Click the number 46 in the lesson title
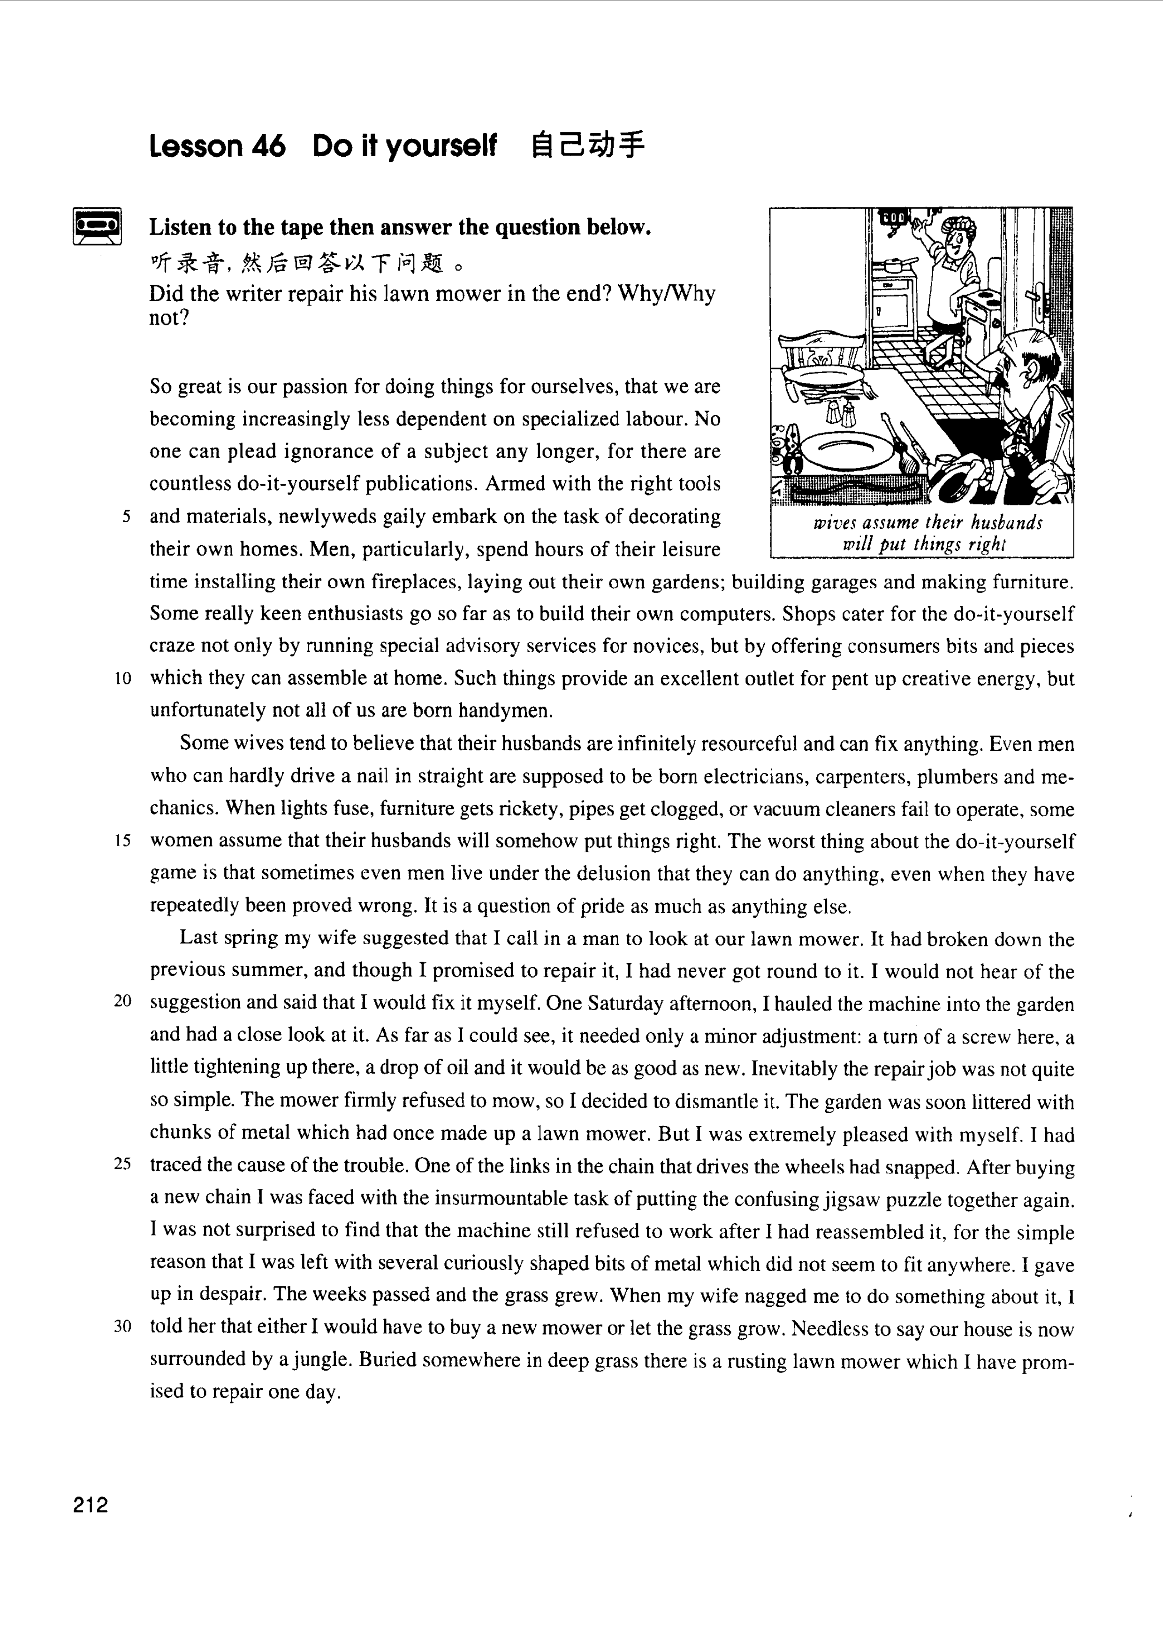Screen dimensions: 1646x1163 coord(269,146)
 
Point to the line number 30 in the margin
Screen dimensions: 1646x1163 coord(122,1327)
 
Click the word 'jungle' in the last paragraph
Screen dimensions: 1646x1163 coord(320,1360)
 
